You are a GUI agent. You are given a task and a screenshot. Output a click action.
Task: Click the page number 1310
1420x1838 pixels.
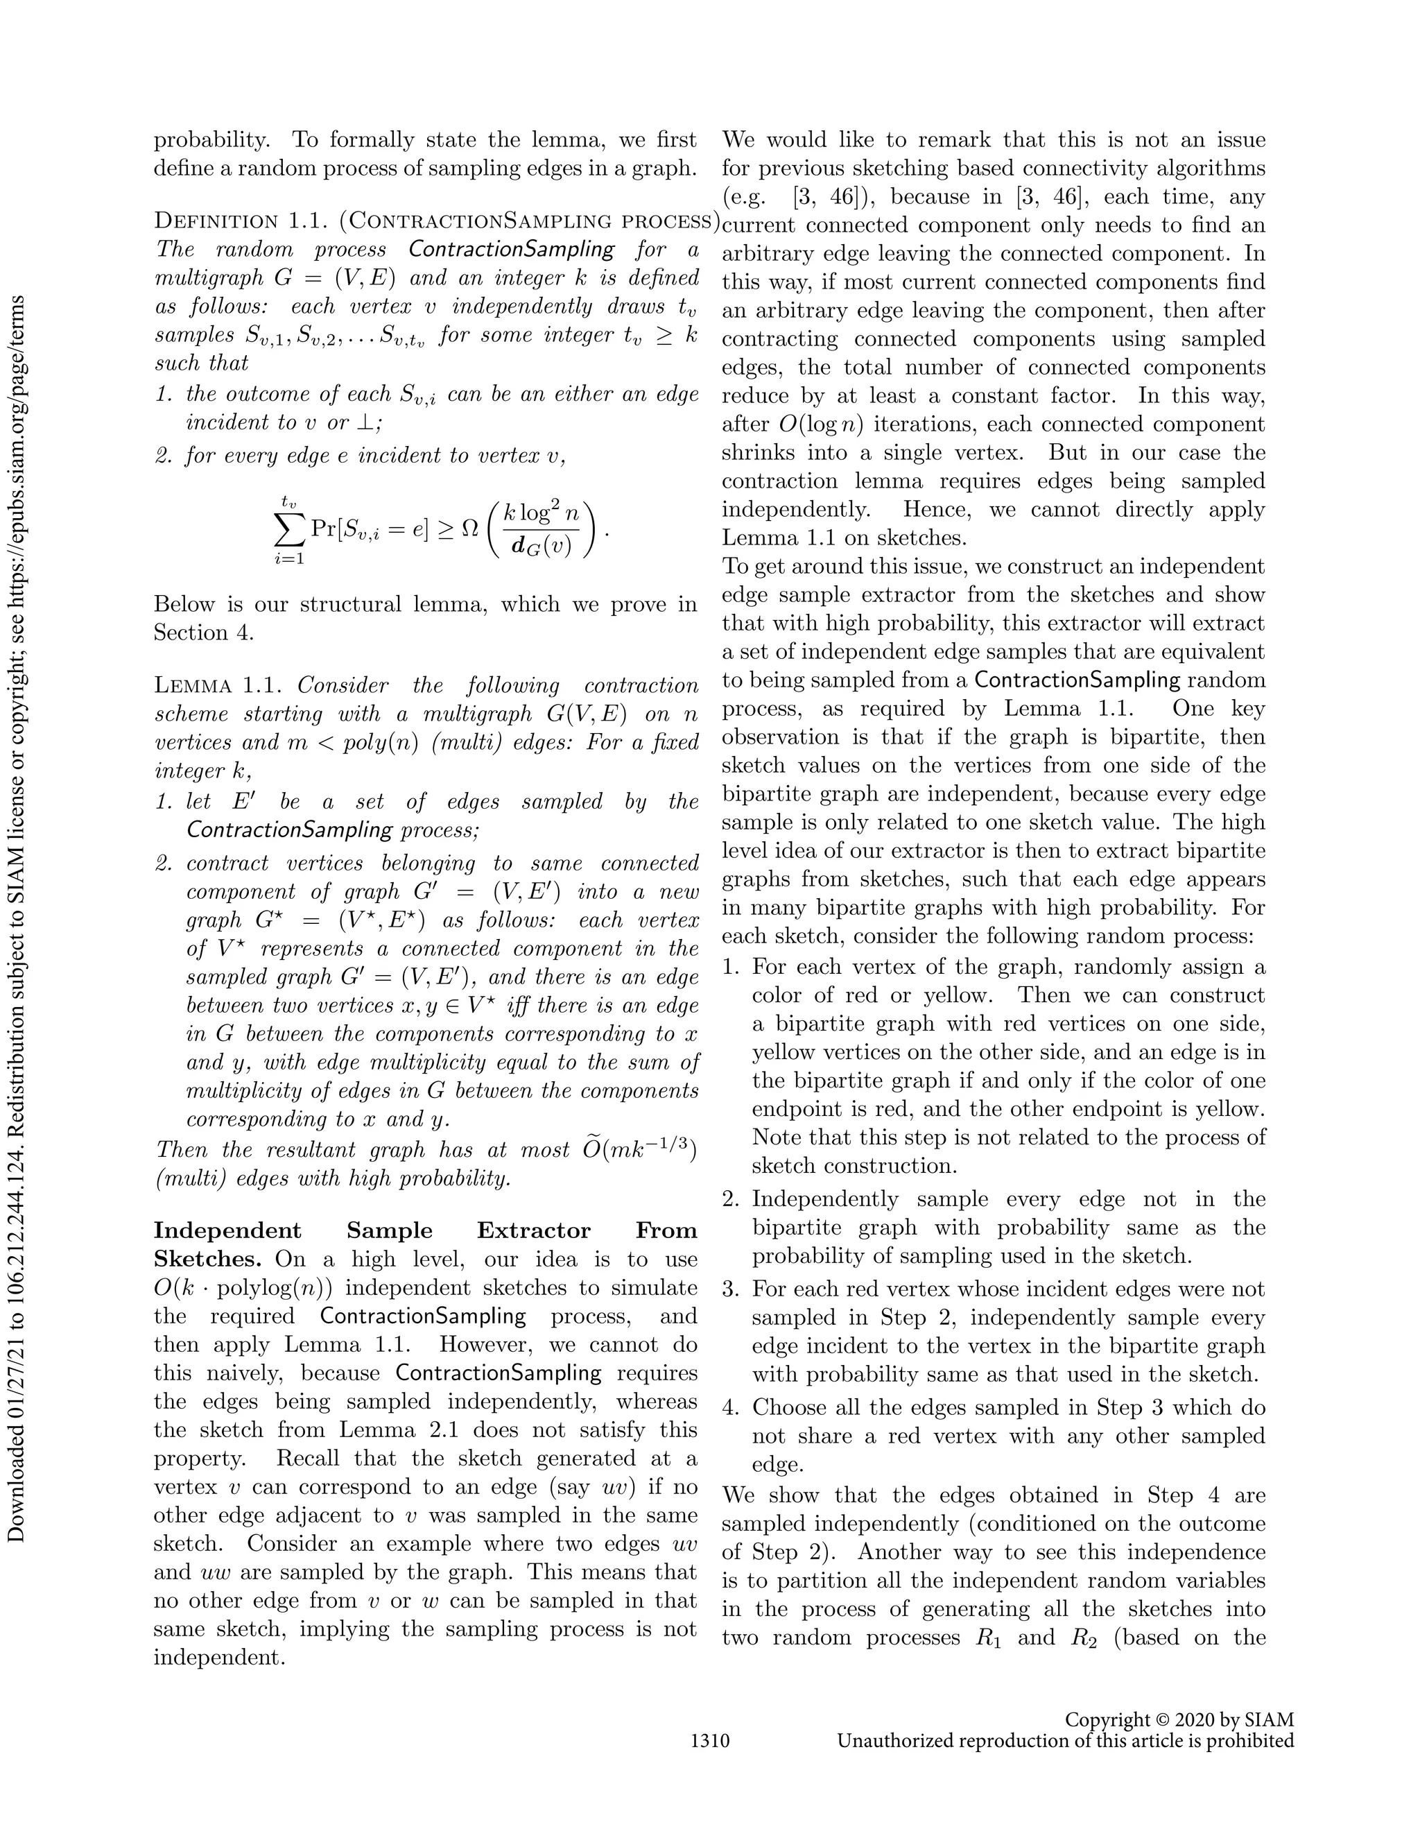point(709,1740)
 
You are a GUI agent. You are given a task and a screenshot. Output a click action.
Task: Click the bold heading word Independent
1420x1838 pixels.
point(227,1230)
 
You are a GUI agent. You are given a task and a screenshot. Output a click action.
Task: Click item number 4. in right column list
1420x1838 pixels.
point(731,1407)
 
